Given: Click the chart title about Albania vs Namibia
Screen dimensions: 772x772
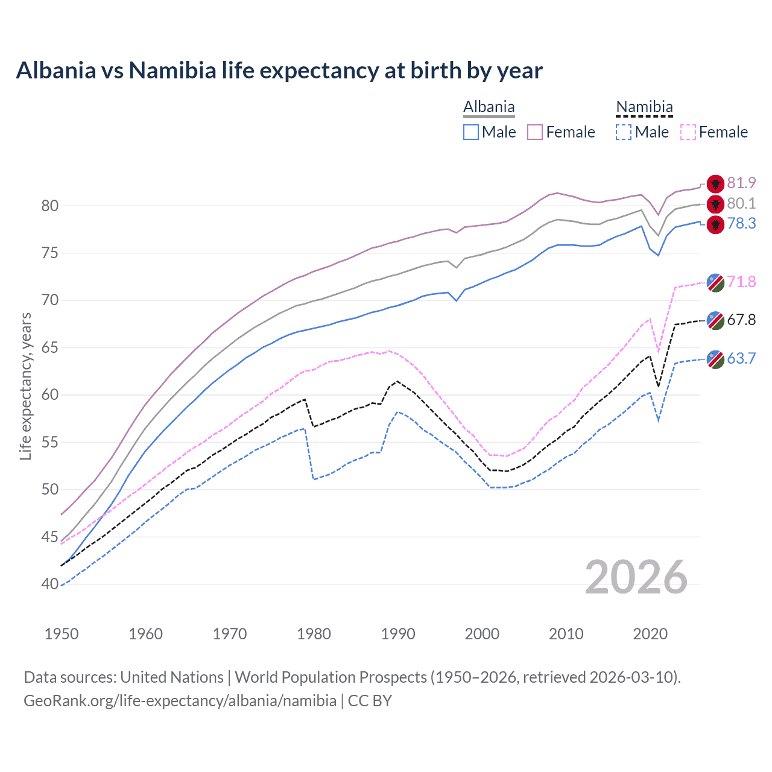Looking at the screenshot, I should tap(279, 71).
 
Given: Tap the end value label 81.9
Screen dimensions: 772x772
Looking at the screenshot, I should tap(741, 183).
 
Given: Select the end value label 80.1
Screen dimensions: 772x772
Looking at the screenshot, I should tap(741, 203).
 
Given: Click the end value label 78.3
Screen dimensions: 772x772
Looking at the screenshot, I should tap(741, 224).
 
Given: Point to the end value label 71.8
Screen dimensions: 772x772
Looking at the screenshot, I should tap(741, 282).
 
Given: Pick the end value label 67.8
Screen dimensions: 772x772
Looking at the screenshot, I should tap(741, 320).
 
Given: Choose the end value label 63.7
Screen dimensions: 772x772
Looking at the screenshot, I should tap(741, 358).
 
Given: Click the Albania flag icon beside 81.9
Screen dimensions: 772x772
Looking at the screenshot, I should tap(715, 184).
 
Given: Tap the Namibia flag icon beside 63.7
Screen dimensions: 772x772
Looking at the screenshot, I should tap(715, 359).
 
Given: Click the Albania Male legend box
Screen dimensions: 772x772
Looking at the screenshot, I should tap(471, 132).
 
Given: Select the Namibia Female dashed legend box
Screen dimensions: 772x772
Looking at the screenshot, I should tap(688, 132).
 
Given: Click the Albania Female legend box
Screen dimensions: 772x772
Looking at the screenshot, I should tap(535, 132).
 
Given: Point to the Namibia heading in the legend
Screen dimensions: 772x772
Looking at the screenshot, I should tap(644, 107).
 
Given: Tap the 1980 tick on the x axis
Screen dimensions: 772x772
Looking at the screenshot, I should tap(314, 634).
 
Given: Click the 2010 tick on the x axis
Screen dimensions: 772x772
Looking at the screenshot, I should tap(566, 634).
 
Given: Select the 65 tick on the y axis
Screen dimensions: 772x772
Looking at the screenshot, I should tap(50, 347).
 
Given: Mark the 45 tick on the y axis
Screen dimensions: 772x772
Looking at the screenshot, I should tap(50, 536).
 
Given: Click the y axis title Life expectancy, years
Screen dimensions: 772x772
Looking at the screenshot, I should tap(26, 386).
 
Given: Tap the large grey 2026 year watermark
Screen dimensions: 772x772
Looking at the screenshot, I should tap(636, 577).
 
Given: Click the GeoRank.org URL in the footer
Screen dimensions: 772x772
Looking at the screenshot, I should tap(180, 701).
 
